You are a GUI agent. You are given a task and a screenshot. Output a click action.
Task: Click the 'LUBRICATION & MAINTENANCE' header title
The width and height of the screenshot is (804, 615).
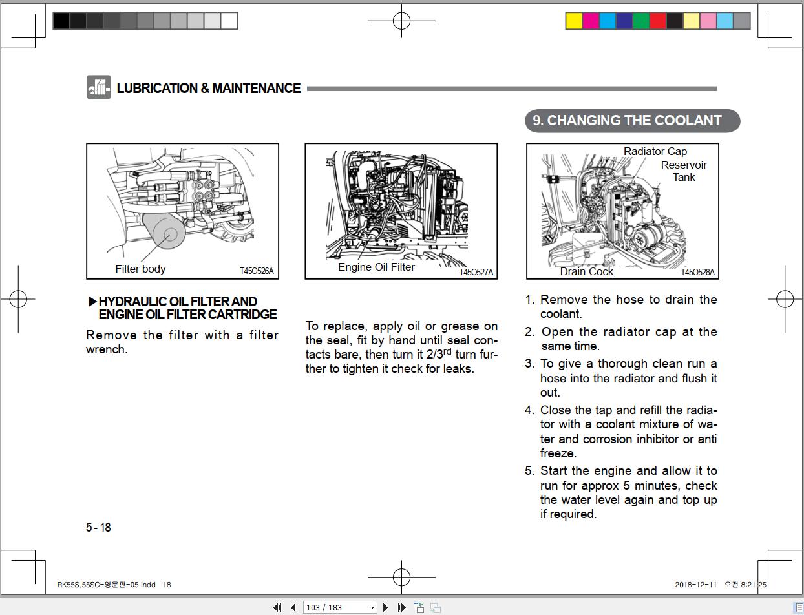point(208,89)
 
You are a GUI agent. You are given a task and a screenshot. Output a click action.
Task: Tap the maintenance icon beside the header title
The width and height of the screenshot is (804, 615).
point(99,88)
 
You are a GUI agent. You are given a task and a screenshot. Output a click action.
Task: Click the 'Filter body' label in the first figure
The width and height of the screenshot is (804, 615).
point(140,269)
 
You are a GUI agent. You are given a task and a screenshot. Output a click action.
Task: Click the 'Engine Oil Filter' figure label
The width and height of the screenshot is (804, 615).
point(376,267)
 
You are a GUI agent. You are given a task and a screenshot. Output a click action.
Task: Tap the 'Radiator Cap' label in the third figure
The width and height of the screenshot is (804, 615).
point(655,151)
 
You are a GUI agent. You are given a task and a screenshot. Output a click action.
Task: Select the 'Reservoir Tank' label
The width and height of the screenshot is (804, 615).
point(683,171)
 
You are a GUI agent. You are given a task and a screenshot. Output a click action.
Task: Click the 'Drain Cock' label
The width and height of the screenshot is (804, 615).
point(586,271)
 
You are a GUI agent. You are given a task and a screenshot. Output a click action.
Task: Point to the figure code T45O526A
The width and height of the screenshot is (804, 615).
point(257,271)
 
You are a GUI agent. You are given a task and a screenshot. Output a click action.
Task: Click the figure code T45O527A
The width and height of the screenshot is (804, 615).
point(476,272)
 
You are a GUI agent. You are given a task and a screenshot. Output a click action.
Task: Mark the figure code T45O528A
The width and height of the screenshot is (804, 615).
point(697,272)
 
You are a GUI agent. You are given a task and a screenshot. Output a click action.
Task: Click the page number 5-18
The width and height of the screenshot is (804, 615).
point(98,527)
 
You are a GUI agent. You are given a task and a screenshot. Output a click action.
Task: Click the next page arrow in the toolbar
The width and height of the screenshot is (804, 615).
point(386,607)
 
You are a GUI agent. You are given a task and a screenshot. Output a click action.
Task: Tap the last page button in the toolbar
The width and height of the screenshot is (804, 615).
point(401,607)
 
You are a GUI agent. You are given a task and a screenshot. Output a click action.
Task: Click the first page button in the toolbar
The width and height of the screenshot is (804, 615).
point(277,607)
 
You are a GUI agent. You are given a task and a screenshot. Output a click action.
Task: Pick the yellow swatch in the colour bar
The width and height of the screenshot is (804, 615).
point(573,21)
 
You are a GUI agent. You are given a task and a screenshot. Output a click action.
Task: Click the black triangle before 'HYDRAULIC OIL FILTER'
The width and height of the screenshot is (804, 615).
point(92,302)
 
